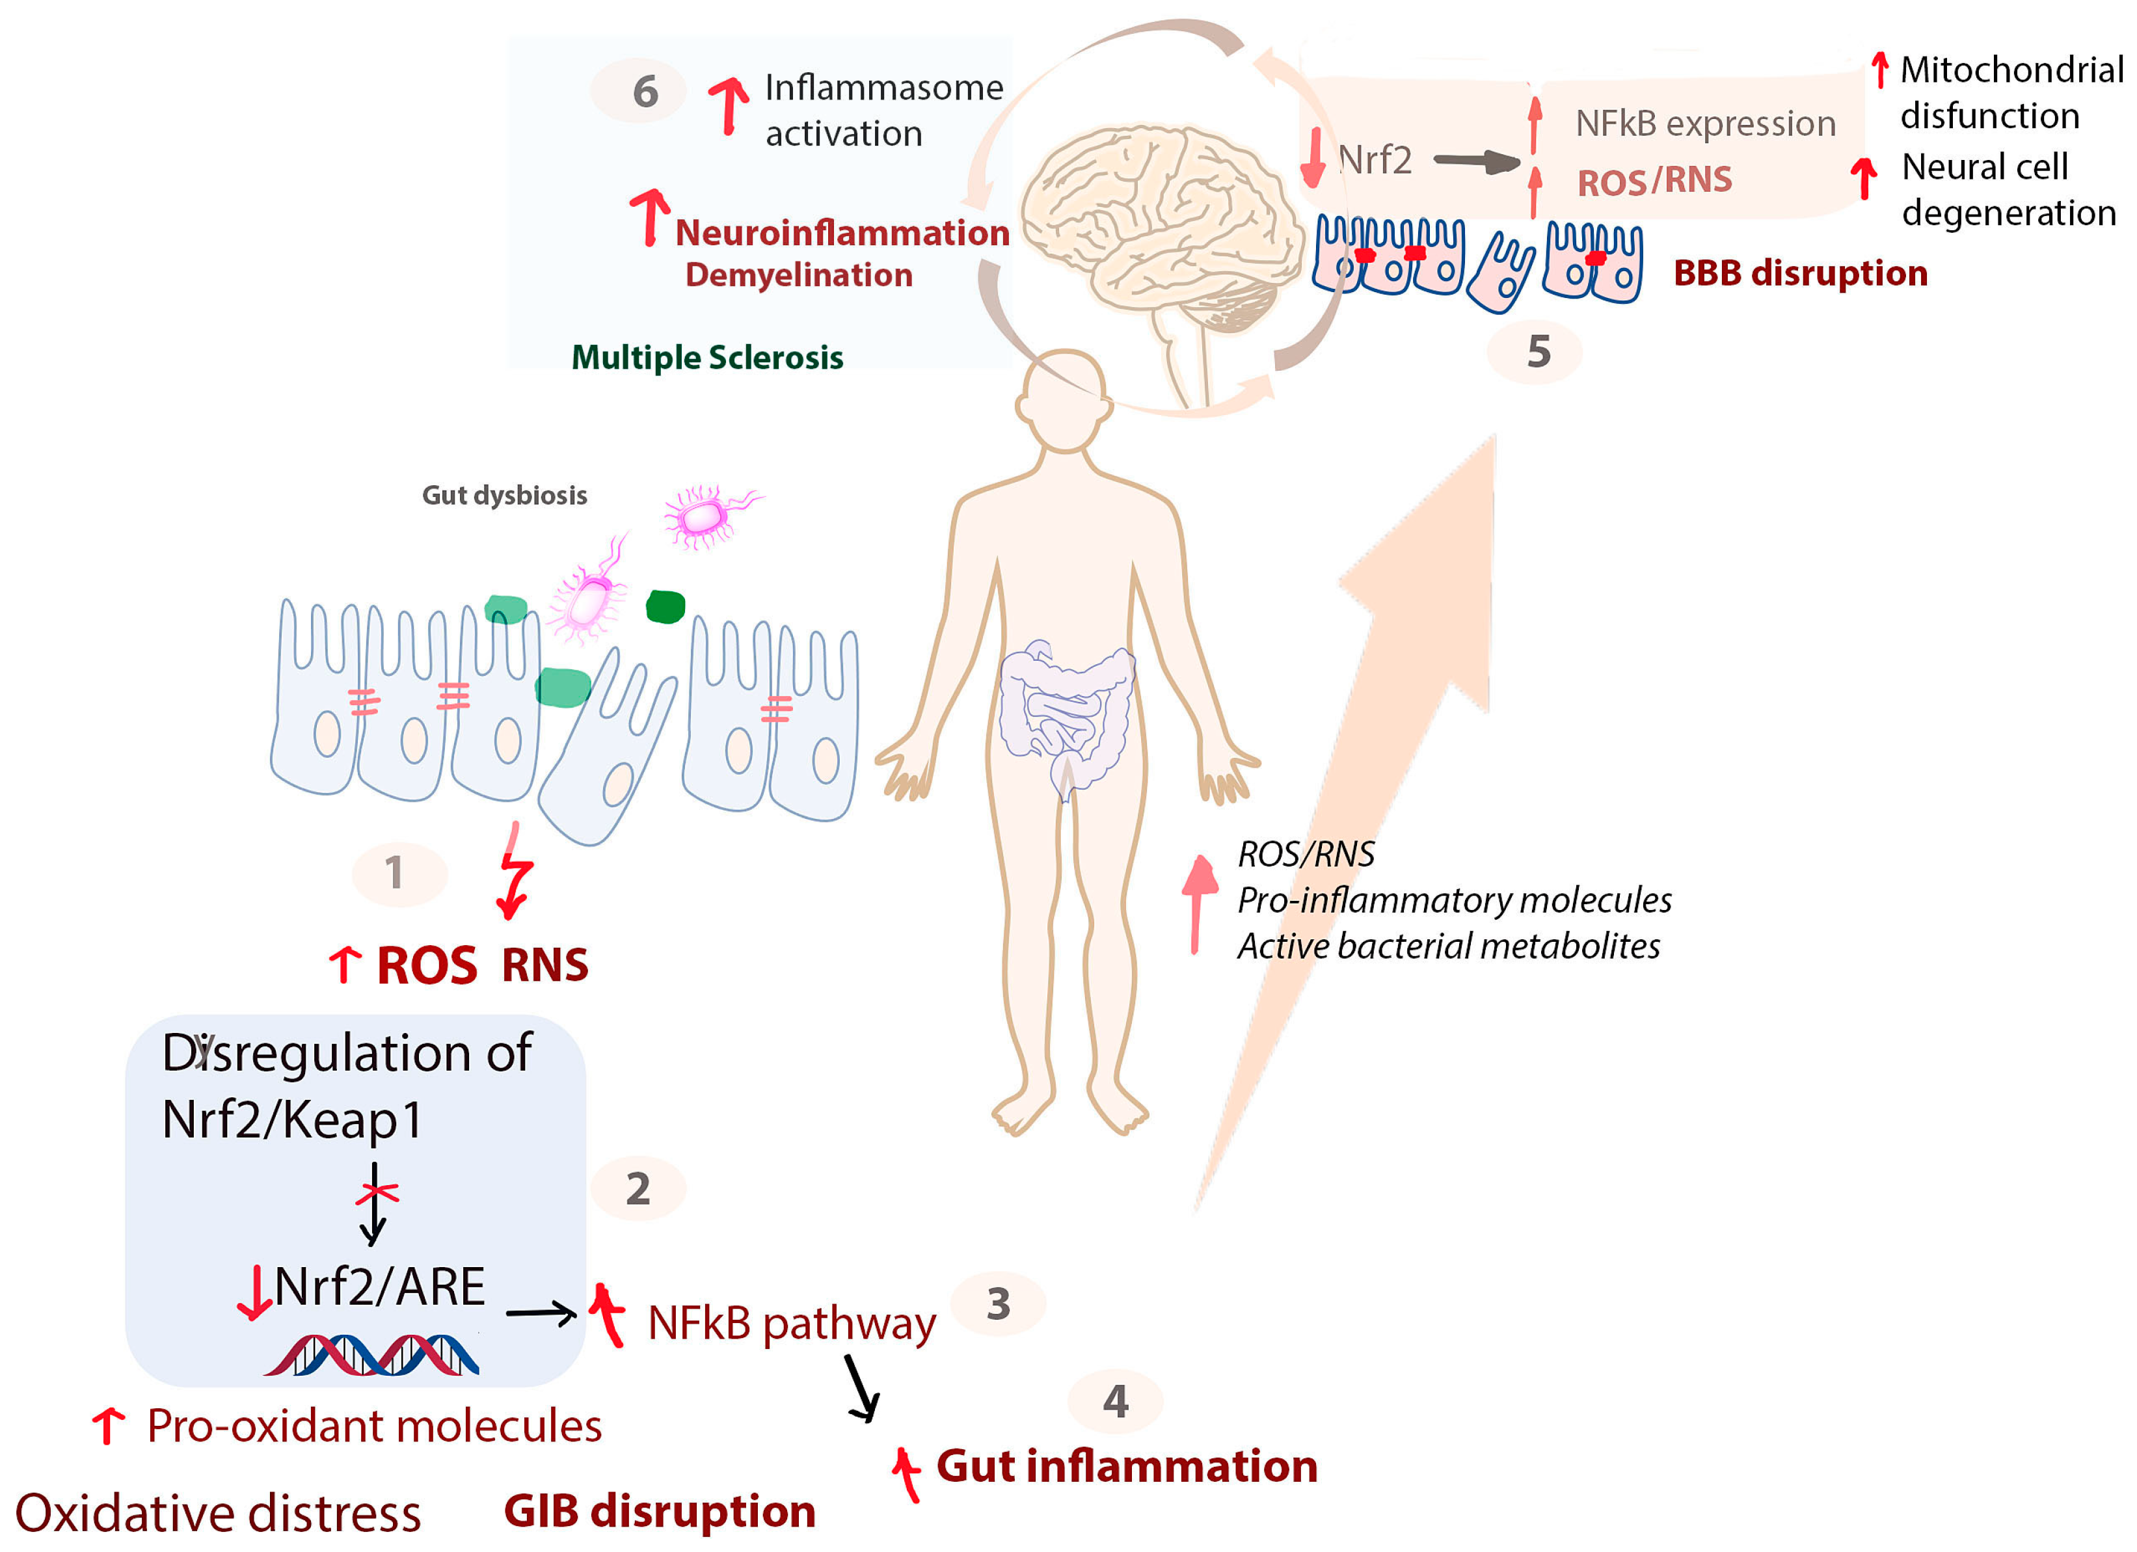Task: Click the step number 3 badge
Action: (998, 1304)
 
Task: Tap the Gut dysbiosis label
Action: (504, 496)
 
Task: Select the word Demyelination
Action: (798, 275)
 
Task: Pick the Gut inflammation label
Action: (1126, 1466)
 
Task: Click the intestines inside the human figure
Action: (1065, 716)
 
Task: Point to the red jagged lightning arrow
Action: (513, 872)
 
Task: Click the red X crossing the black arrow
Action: (376, 1194)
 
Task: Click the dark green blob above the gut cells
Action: (665, 607)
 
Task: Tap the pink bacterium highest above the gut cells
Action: (702, 516)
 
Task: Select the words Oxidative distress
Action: (219, 1514)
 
